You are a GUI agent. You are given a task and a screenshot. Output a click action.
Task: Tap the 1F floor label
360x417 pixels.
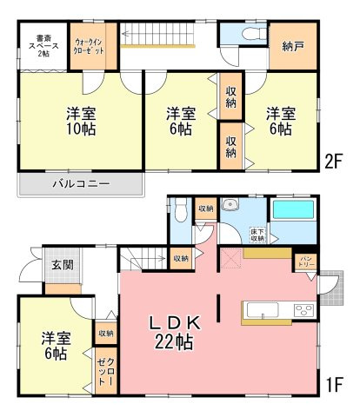(337, 381)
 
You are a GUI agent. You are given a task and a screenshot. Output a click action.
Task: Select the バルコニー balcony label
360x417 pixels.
(79, 184)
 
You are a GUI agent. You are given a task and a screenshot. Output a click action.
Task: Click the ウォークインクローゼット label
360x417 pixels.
(90, 47)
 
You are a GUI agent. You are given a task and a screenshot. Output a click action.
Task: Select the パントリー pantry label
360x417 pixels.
(307, 261)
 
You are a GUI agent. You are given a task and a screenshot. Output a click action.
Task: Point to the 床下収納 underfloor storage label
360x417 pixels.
(257, 234)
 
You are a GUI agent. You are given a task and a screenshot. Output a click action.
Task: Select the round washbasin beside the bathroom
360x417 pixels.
(230, 205)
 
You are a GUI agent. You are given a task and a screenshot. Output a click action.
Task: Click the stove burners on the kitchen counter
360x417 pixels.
(304, 311)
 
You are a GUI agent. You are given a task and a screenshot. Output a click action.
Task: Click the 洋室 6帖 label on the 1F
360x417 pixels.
(53, 345)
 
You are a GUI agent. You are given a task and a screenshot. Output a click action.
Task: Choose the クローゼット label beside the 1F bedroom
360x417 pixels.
(103, 372)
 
